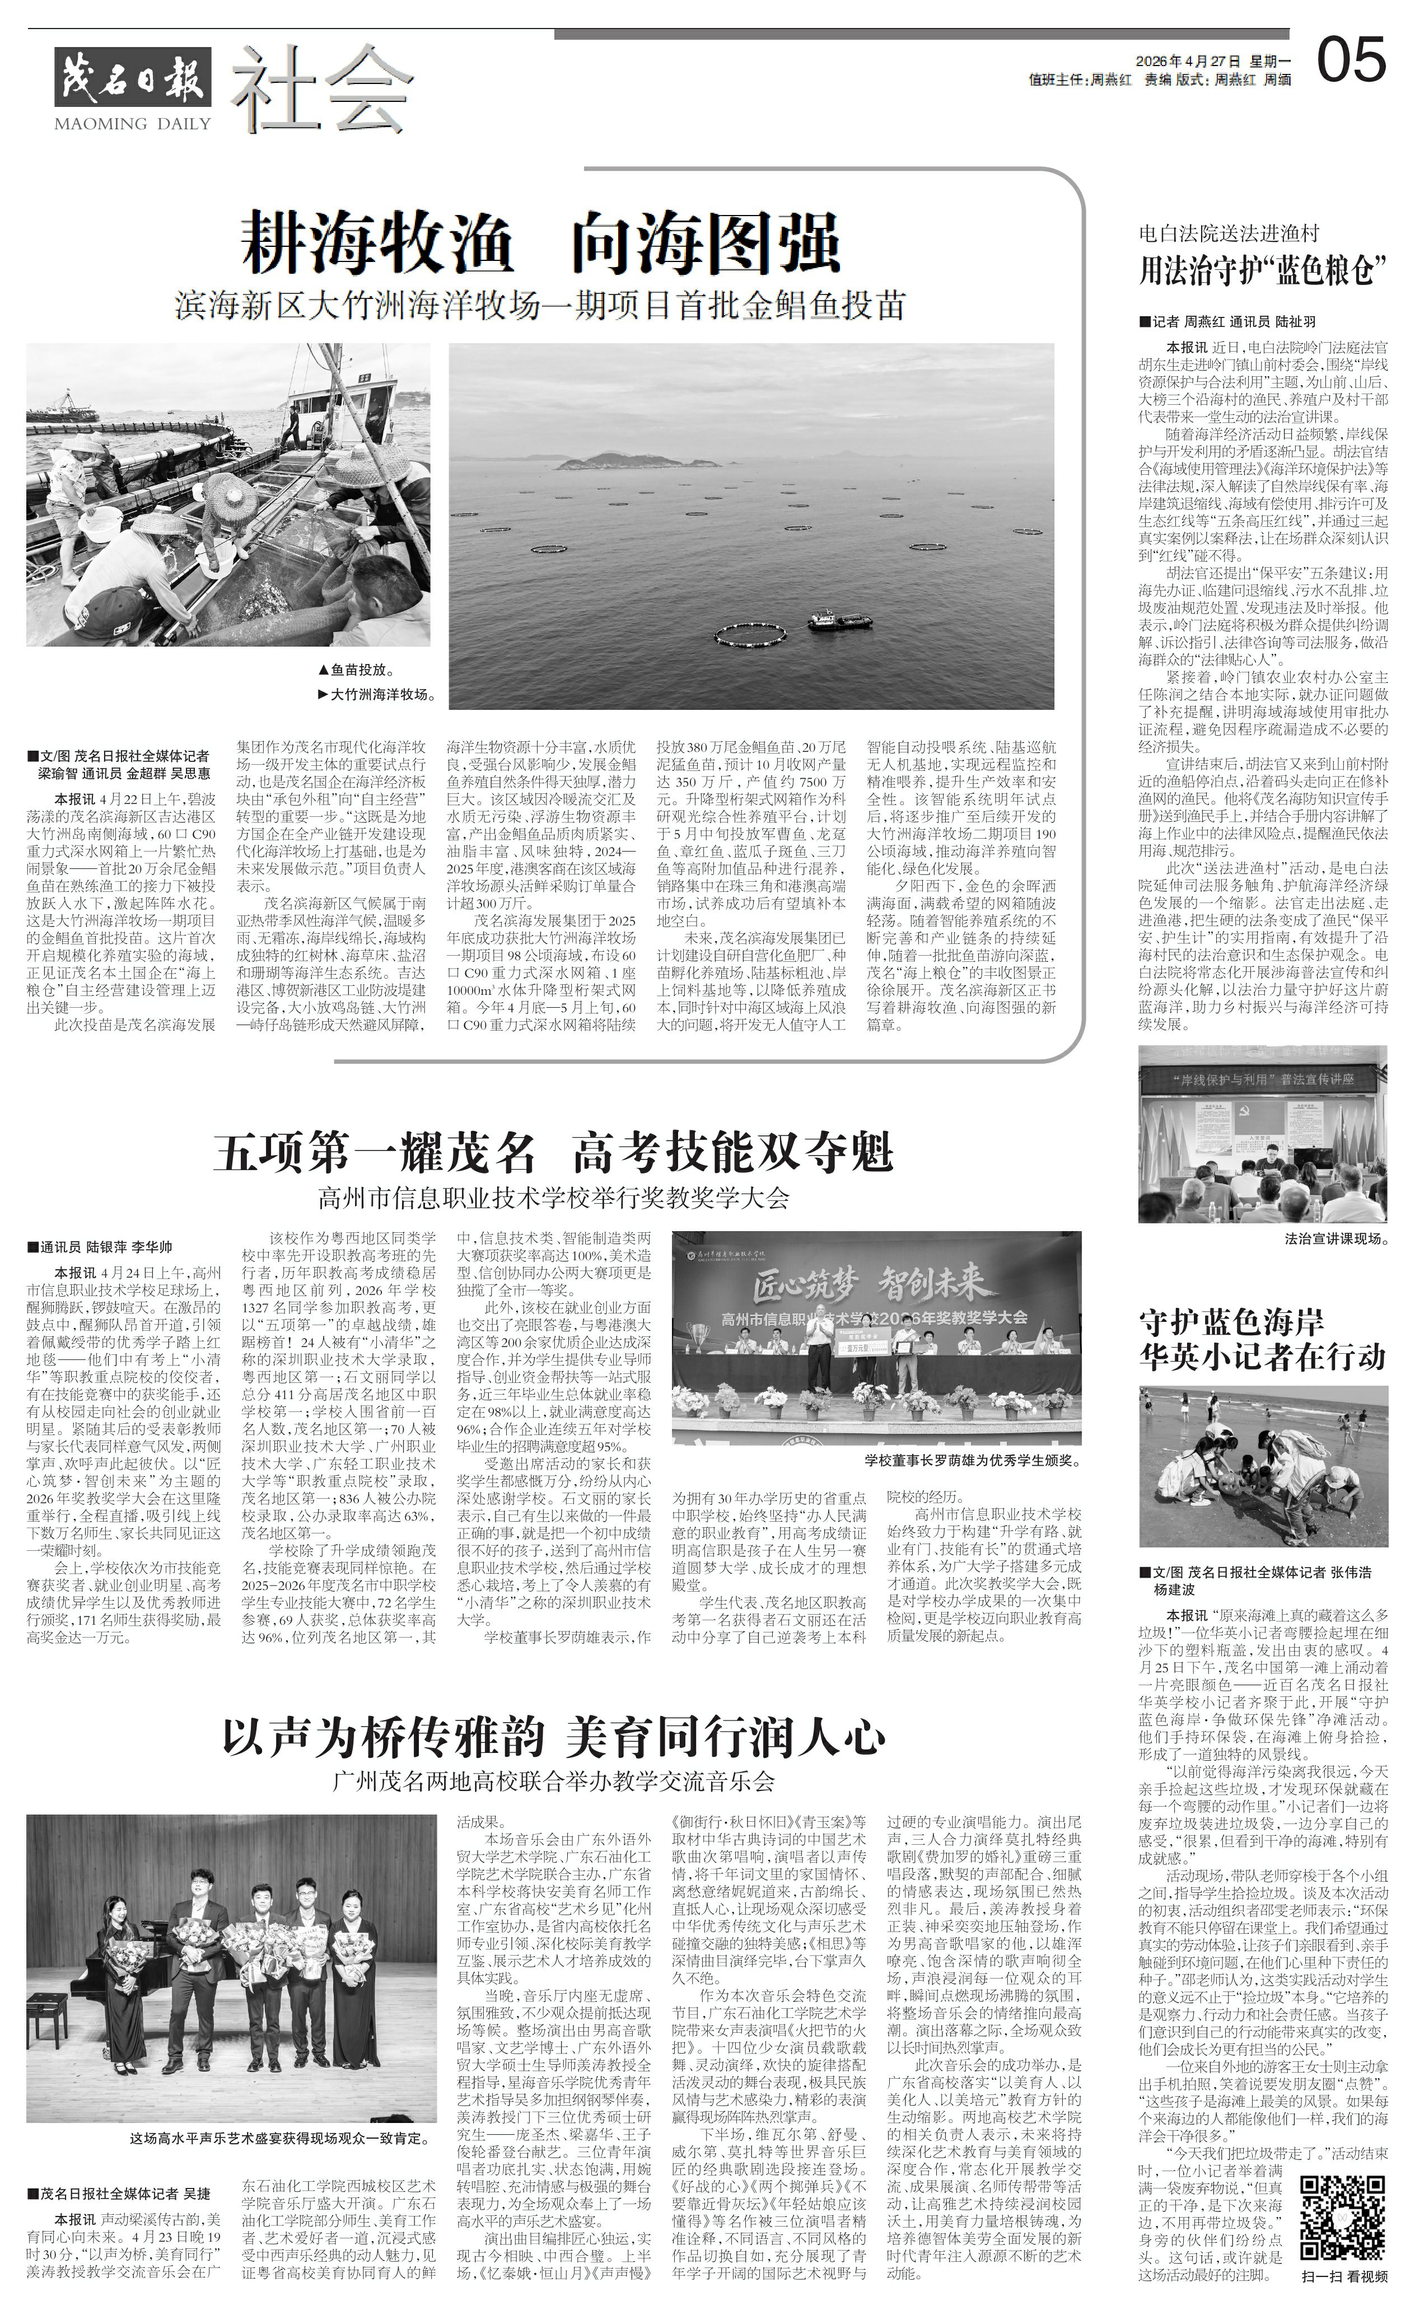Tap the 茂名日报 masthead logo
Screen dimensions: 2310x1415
click(132, 77)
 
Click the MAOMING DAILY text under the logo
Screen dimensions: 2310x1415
click(132, 123)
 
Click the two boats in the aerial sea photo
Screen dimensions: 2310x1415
click(838, 618)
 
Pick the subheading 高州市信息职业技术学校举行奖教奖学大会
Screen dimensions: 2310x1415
click(553, 1197)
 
